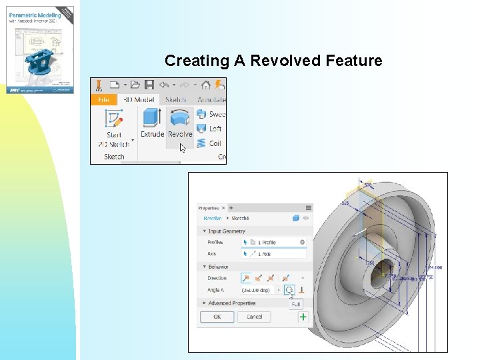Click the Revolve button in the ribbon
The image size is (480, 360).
tap(180, 124)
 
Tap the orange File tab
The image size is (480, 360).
tap(104, 100)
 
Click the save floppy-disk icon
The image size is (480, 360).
tap(149, 85)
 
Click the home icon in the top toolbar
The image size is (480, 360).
tap(206, 85)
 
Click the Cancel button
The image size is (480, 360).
tap(255, 317)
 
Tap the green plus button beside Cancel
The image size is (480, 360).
tap(303, 317)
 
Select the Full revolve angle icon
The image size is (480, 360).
tap(289, 290)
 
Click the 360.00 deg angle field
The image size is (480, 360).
tap(257, 290)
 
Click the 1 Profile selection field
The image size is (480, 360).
tap(273, 242)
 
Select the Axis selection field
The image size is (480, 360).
tap(273, 254)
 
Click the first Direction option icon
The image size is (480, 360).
tap(246, 277)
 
